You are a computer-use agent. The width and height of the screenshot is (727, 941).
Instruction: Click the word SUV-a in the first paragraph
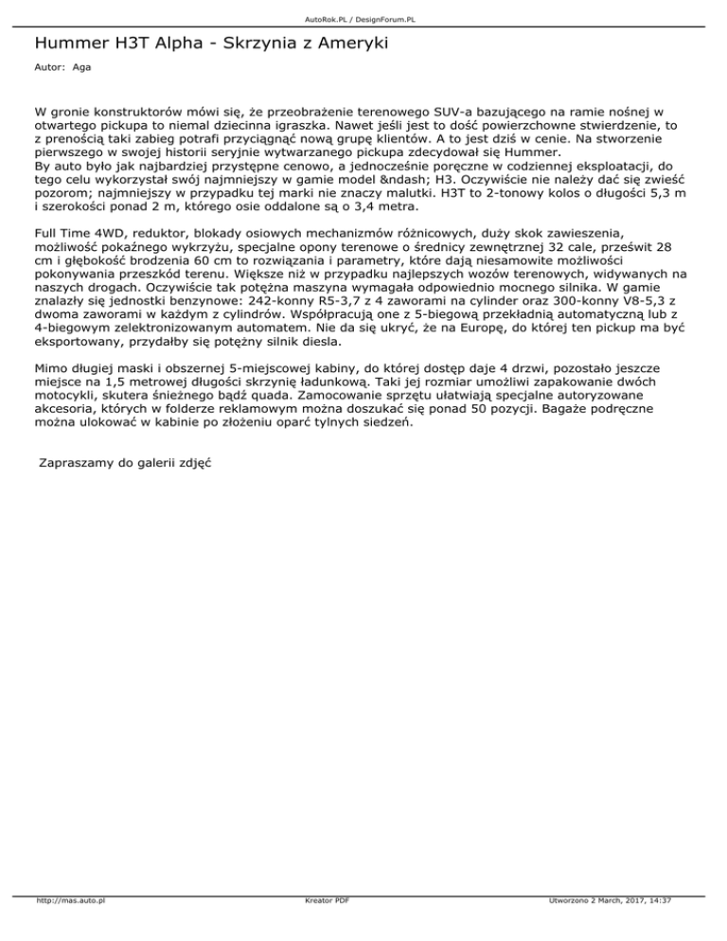coord(414,111)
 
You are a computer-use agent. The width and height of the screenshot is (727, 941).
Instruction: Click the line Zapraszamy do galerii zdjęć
coord(124,463)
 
